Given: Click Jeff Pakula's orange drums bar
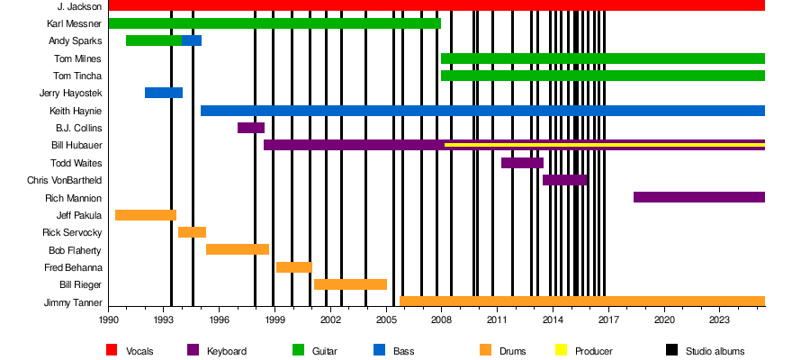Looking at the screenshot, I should coord(145,215).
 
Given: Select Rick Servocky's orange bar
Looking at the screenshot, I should coord(192,232).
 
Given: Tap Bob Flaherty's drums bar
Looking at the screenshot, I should coord(237,249).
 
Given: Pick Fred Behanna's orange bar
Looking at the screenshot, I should coord(293,267).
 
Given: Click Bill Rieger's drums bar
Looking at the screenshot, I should coord(350,284).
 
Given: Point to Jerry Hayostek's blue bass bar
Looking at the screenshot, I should coord(163,93).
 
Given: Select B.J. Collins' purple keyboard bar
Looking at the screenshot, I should coord(250,128).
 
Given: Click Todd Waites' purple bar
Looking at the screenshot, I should coord(521,163).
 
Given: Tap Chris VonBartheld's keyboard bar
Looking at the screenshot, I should coord(564,180).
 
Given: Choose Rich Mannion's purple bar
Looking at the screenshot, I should coord(698,197).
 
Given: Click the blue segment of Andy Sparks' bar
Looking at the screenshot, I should coord(191,40).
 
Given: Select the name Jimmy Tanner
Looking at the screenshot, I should coord(73,302).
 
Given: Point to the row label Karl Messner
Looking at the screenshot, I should coord(75,23).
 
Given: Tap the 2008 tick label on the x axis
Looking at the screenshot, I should coord(441,320).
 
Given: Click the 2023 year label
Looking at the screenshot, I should coord(719,320).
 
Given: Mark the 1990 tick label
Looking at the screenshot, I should coord(108,320).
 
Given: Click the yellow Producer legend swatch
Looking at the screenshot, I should coord(562,350).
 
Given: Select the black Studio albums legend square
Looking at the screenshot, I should coord(671,350).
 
